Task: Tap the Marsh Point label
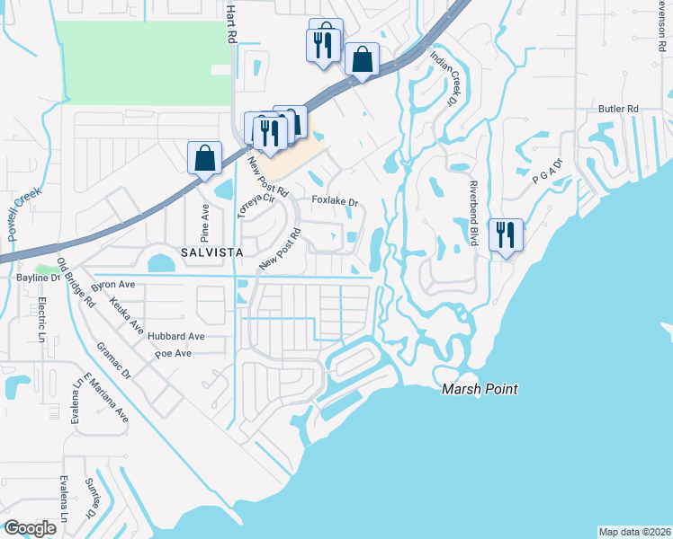tap(480, 389)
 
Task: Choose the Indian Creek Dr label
tap(444, 77)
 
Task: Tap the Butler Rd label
tap(618, 109)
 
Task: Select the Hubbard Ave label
tap(178, 337)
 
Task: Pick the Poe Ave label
tap(173, 354)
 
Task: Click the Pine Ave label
tap(204, 220)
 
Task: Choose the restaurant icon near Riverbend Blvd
tap(506, 235)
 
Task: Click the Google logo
tap(30, 527)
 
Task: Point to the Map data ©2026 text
tap(634, 532)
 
